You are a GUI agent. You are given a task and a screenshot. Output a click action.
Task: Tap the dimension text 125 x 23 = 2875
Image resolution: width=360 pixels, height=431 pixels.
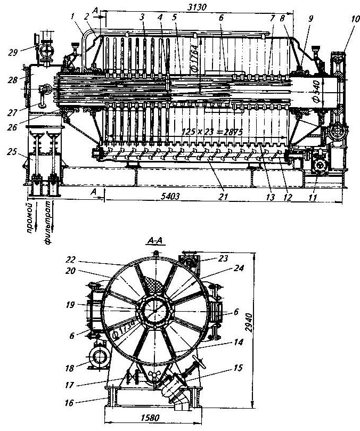tap(208, 132)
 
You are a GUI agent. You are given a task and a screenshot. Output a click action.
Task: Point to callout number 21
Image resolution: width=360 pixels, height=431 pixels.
tap(223, 197)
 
